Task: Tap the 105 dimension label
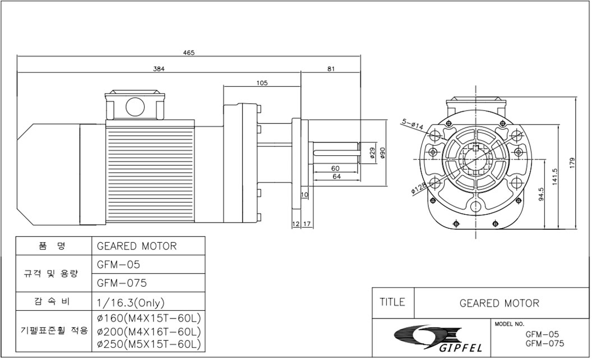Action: (x=262, y=83)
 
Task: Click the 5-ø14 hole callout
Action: (x=411, y=123)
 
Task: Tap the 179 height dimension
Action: (x=572, y=162)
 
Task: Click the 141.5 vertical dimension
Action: (x=554, y=176)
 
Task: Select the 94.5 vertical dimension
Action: (x=540, y=193)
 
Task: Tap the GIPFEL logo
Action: (x=427, y=338)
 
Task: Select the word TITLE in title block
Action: (x=392, y=302)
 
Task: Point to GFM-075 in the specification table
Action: (x=122, y=283)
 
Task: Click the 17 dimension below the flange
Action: (x=307, y=224)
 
